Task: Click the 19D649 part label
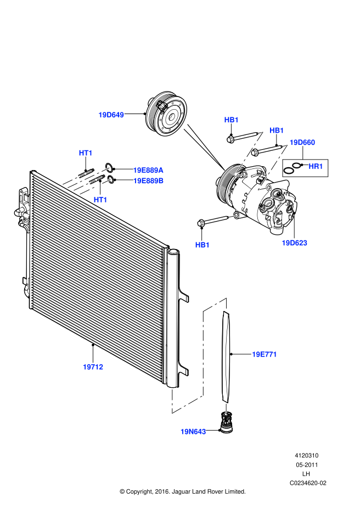pyautogui.click(x=111, y=115)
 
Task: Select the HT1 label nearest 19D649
pyautogui.click(x=86, y=153)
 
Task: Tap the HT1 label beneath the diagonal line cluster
pyautogui.click(x=100, y=200)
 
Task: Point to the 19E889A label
pyautogui.click(x=148, y=170)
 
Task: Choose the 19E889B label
pyautogui.click(x=148, y=180)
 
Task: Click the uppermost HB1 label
pyautogui.click(x=232, y=120)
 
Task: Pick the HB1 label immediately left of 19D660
pyautogui.click(x=277, y=131)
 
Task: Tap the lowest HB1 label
pyautogui.click(x=203, y=245)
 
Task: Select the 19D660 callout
pyautogui.click(x=302, y=143)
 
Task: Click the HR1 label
pyautogui.click(x=316, y=166)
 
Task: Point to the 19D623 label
pyautogui.click(x=295, y=243)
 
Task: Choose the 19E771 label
pyautogui.click(x=265, y=354)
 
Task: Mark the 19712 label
pyautogui.click(x=93, y=367)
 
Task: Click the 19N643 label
pyautogui.click(x=193, y=432)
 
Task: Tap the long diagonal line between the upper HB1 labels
pyautogui.click(x=249, y=154)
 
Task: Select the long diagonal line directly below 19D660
pyautogui.click(x=273, y=167)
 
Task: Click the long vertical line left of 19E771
pyautogui.click(x=203, y=354)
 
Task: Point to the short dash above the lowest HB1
pyautogui.click(x=233, y=216)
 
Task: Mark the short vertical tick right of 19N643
pyautogui.click(x=226, y=409)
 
